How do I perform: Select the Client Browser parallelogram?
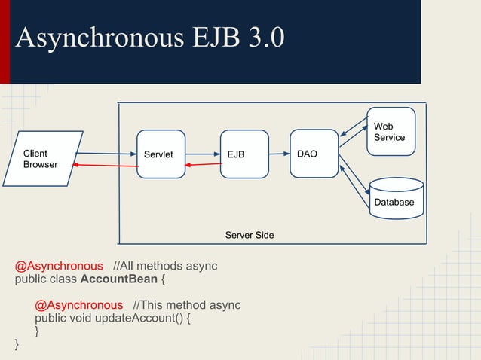pos(46,159)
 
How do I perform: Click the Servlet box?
pos(161,154)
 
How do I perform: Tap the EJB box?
pos(244,154)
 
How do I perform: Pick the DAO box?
pos(314,154)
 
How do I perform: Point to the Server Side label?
pos(250,236)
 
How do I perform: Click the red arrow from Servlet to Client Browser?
pos(106,165)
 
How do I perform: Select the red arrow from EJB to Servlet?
pos(202,165)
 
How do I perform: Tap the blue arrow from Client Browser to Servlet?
pos(106,154)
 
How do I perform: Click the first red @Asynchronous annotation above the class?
pos(59,266)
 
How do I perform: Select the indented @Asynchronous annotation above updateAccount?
pos(78,305)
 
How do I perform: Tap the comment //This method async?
pos(186,305)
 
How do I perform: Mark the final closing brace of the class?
pos(17,345)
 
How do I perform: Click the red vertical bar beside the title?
pos(5,41)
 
